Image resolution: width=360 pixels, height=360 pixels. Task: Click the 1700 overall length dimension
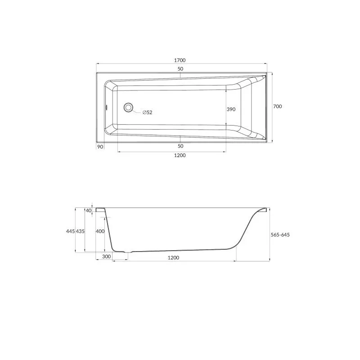pyautogui.click(x=180, y=60)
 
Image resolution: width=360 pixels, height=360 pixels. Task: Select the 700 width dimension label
pyautogui.click(x=277, y=106)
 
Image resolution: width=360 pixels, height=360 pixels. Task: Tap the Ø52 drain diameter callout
pyautogui.click(x=147, y=112)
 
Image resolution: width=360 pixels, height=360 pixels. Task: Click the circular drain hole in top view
pyautogui.click(x=128, y=108)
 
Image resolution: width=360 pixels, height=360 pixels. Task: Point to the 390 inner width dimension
pyautogui.click(x=231, y=109)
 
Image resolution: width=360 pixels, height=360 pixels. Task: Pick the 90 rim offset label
pyautogui.click(x=100, y=147)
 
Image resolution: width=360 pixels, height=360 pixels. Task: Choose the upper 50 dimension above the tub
pyautogui.click(x=180, y=69)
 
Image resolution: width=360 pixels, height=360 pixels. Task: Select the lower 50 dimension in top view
pyautogui.click(x=180, y=146)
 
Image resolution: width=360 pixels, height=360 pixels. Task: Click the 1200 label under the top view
pyautogui.click(x=180, y=155)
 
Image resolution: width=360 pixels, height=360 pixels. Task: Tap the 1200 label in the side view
pyautogui.click(x=173, y=258)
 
